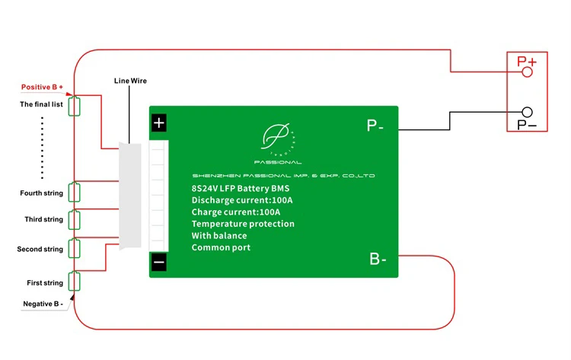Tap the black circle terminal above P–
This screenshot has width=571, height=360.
(527, 112)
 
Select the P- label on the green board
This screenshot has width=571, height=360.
(375, 126)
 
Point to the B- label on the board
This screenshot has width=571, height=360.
(378, 260)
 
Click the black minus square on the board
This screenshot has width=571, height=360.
(158, 263)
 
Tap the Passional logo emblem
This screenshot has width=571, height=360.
(276, 139)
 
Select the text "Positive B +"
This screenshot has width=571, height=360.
(42, 88)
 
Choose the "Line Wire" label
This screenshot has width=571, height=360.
(130, 80)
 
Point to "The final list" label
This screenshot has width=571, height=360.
(41, 104)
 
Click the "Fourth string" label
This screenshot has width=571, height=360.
(42, 193)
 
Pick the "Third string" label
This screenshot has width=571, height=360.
(43, 219)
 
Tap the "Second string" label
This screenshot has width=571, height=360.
(40, 249)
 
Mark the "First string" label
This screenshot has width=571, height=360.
(45, 282)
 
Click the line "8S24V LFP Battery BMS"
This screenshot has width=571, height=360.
(241, 188)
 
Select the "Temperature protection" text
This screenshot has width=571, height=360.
(243, 224)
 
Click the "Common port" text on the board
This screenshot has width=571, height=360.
(221, 247)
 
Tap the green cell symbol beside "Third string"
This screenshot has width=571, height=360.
(75, 220)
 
